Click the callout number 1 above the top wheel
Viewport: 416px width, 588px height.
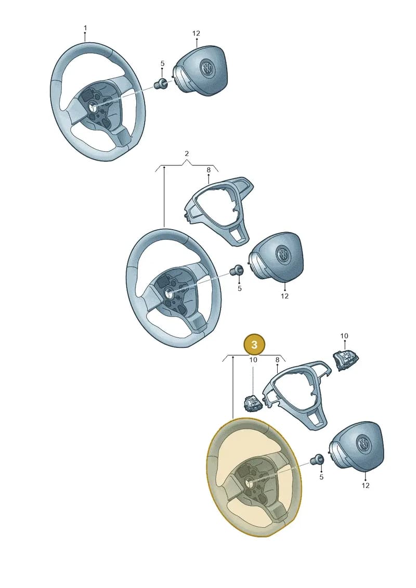click(85, 28)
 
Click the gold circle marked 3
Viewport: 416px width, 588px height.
click(254, 344)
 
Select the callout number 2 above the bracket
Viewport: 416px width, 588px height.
click(187, 154)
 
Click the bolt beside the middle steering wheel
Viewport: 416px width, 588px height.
click(237, 270)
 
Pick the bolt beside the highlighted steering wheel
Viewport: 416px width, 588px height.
click(318, 459)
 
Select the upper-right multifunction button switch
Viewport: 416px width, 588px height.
click(345, 359)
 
